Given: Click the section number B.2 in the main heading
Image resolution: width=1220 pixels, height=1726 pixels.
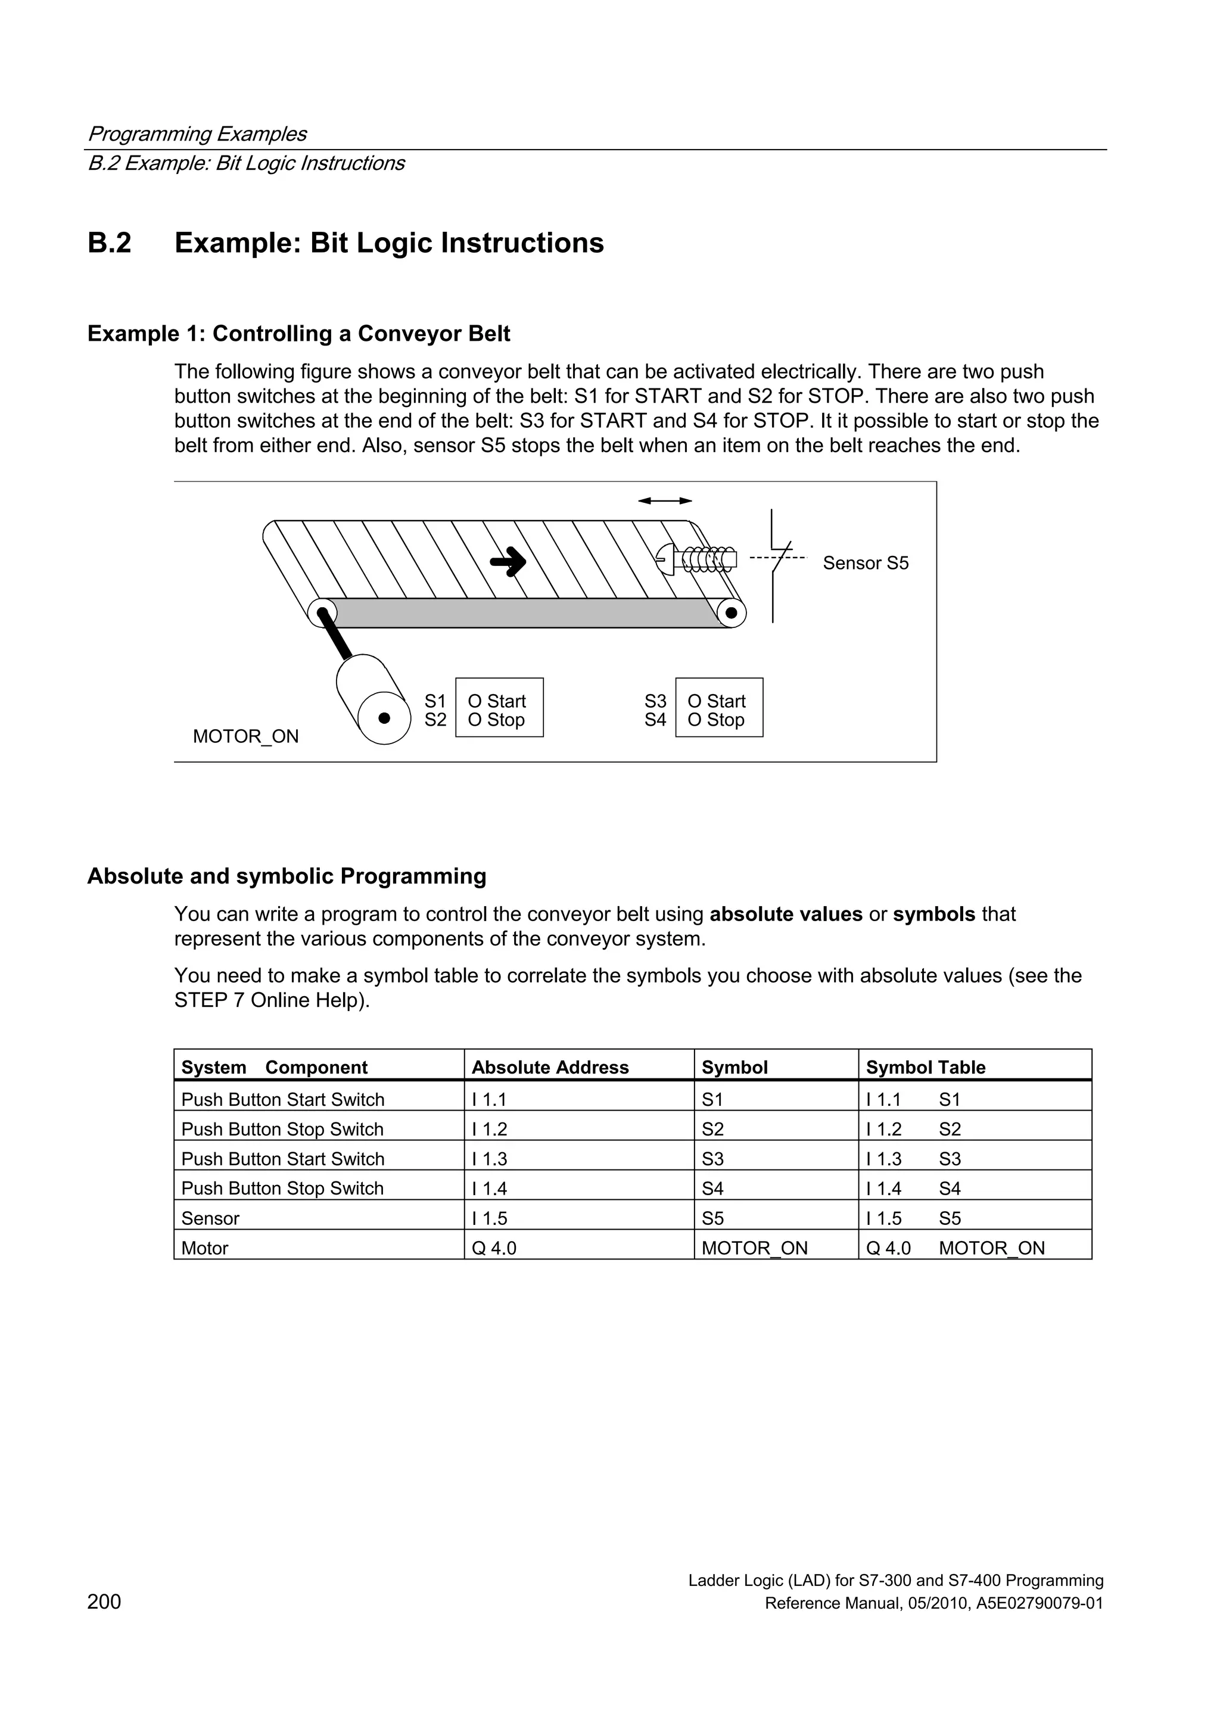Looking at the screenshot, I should pyautogui.click(x=110, y=244).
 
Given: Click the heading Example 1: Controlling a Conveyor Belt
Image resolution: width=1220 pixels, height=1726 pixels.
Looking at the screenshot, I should pyautogui.click(x=298, y=334).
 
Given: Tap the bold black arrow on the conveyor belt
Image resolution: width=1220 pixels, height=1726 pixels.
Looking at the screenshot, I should pyautogui.click(x=509, y=561).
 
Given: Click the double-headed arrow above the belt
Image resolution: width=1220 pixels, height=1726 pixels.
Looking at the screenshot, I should pyautogui.click(x=664, y=500).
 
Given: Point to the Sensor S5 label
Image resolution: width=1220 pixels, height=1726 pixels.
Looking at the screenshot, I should pyautogui.click(x=865, y=563).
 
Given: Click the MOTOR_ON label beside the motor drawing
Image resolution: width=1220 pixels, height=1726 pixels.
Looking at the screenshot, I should pyautogui.click(x=246, y=737).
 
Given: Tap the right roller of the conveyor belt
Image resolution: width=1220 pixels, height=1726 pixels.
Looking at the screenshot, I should pyautogui.click(x=731, y=612).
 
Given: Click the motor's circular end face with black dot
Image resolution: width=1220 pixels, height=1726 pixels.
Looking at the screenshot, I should pyautogui.click(x=384, y=718).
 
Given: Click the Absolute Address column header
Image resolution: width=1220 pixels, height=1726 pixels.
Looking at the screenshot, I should pyautogui.click(x=549, y=1068).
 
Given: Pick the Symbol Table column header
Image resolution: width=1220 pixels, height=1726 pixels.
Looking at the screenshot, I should pyautogui.click(x=925, y=1068).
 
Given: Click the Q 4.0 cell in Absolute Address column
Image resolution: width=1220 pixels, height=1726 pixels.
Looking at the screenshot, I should pyautogui.click(x=494, y=1249).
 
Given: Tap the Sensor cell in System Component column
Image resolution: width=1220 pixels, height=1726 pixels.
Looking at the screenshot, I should pyautogui.click(x=210, y=1218).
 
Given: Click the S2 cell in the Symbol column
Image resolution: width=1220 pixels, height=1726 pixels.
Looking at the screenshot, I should pyautogui.click(x=712, y=1129).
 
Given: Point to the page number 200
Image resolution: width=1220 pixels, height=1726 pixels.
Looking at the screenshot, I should pyautogui.click(x=104, y=1603).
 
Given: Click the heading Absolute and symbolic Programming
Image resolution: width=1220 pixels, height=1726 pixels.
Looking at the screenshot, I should pyautogui.click(x=287, y=876).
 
